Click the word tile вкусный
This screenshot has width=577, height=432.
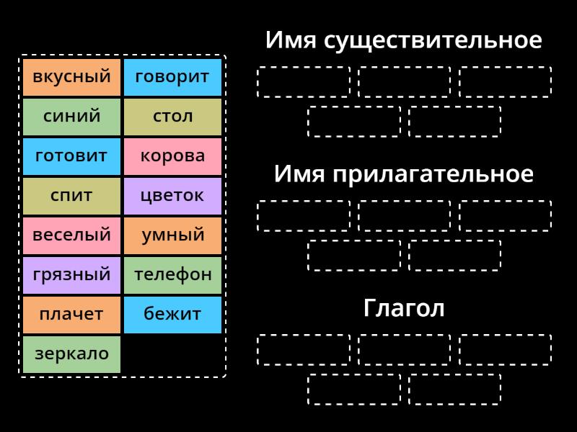(71, 77)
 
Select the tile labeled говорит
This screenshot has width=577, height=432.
(172, 77)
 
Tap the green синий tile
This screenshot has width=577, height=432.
(71, 117)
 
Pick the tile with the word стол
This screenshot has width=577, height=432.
(172, 117)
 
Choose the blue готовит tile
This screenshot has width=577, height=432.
(71, 156)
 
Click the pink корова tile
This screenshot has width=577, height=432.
(172, 156)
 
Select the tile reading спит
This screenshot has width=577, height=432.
(71, 196)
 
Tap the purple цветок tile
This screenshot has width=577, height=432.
(172, 196)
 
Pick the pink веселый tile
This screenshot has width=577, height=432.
(71, 235)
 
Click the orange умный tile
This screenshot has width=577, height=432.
(172, 235)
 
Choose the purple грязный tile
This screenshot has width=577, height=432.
(71, 275)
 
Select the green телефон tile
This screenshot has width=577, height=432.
(172, 275)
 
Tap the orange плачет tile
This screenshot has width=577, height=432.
(71, 315)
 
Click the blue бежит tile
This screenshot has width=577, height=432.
(172, 315)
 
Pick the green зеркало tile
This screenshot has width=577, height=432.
(71, 354)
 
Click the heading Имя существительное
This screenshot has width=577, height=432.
(403, 40)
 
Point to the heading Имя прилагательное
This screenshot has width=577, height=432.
(403, 174)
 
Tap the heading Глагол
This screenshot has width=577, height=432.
(403, 308)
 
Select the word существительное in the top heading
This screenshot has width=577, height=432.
(433, 40)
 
